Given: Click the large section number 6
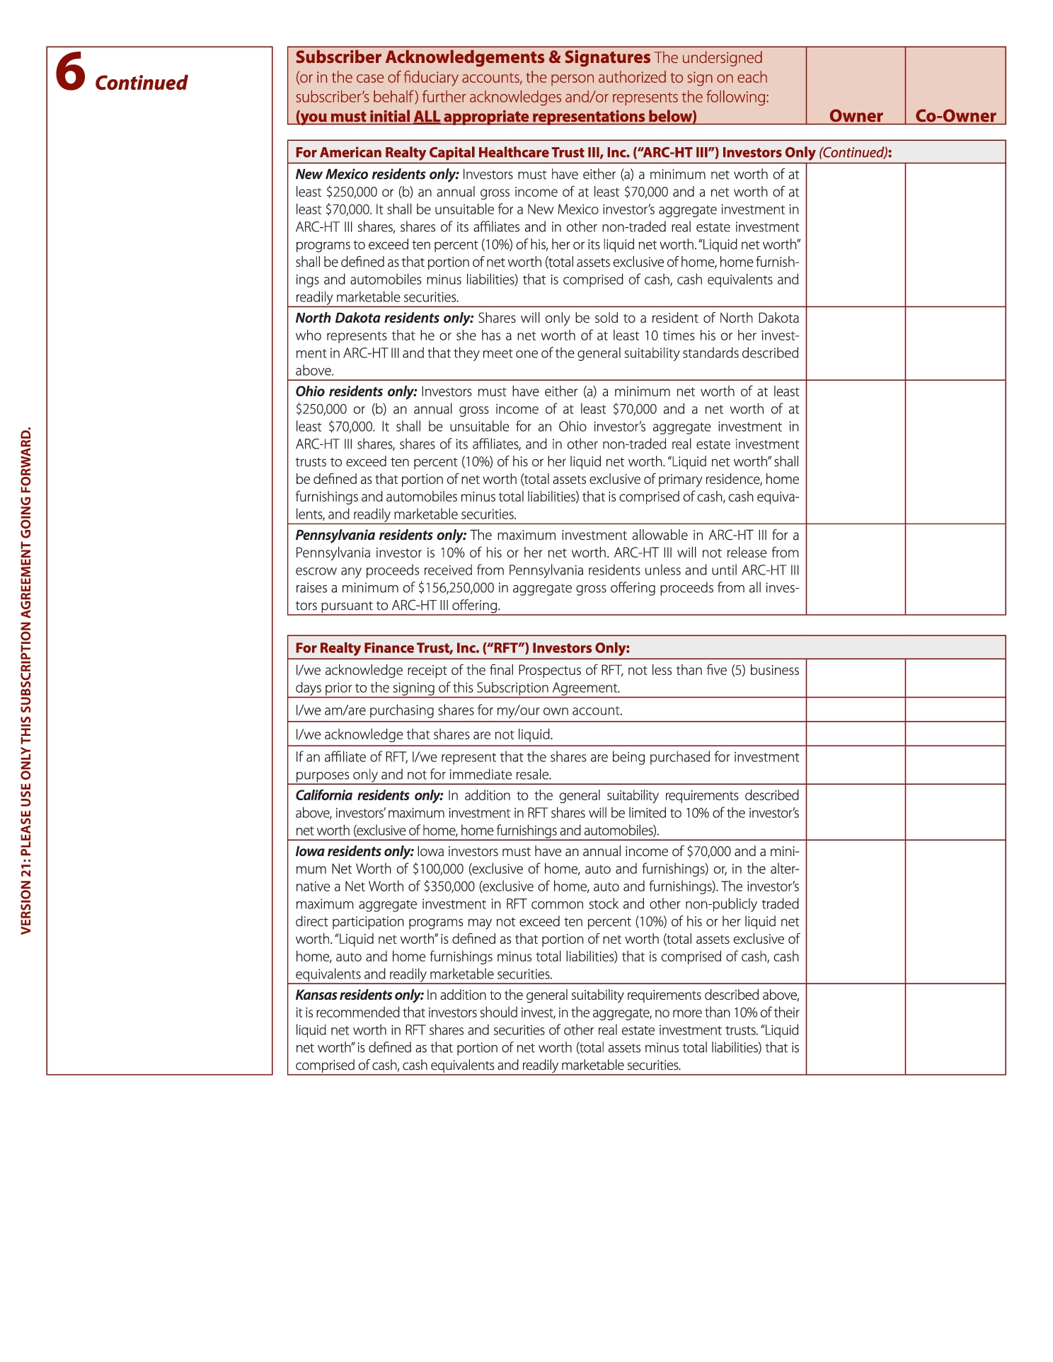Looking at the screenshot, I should [71, 72].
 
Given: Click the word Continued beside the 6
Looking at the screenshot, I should [141, 83].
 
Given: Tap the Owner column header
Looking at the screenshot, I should [856, 116].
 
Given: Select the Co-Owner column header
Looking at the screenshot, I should [955, 116].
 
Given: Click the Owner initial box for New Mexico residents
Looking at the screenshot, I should [856, 235].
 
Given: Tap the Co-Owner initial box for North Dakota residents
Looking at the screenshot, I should [955, 343].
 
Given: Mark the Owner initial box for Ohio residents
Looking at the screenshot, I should [856, 452].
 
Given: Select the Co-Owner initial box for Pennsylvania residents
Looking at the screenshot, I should [955, 569].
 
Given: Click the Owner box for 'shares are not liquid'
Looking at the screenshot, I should [856, 734].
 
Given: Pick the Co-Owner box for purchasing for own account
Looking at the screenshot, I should [955, 710].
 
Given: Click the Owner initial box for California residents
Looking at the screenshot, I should [856, 812].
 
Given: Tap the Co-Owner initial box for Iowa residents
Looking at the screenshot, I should [955, 912].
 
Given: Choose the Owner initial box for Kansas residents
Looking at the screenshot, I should [856, 1029].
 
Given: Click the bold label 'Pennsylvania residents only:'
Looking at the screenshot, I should [381, 535].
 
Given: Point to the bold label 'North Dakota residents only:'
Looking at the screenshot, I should [384, 318].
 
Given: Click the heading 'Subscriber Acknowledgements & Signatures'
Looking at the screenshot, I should [473, 57].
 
